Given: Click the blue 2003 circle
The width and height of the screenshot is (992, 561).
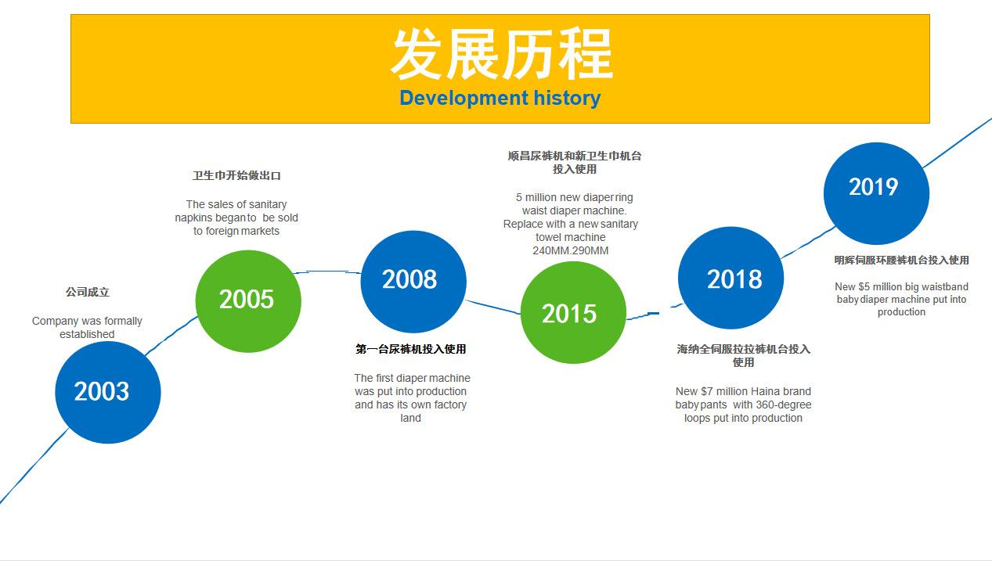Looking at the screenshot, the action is pos(108,393).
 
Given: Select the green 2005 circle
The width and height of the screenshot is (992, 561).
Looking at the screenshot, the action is pos(248,301).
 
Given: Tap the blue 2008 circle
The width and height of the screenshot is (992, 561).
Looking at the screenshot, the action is pos(413,282).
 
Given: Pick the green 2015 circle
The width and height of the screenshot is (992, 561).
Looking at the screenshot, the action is pos(573,312).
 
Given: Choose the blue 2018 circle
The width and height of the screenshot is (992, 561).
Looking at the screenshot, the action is pos(730,278).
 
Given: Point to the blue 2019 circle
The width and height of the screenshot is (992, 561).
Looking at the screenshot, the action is pos(876,193).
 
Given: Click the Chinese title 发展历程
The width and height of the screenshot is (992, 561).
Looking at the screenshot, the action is pos(501,53).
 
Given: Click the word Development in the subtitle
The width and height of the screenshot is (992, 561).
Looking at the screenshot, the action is pos(464,99).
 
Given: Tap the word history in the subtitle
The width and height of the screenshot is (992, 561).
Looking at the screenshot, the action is pos(567,99).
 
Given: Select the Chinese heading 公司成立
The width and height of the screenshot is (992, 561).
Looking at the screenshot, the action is pos(87,292).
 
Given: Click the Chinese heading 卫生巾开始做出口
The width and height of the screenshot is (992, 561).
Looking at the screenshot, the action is pos(236,175).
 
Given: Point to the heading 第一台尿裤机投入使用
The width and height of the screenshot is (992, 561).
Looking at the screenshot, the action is pos(410,349).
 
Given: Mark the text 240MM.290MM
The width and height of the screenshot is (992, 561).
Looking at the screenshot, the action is pos(571,250).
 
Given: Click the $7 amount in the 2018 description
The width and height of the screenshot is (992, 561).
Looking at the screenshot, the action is pos(707,391).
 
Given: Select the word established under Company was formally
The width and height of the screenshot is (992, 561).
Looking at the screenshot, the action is pos(87,334).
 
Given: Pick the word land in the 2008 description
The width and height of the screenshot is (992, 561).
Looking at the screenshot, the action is pos(410,418).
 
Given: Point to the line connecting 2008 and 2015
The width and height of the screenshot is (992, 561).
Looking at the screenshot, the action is pos(493,307).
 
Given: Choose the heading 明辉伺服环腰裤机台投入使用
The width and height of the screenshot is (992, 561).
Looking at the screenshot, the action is pos(902,260).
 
